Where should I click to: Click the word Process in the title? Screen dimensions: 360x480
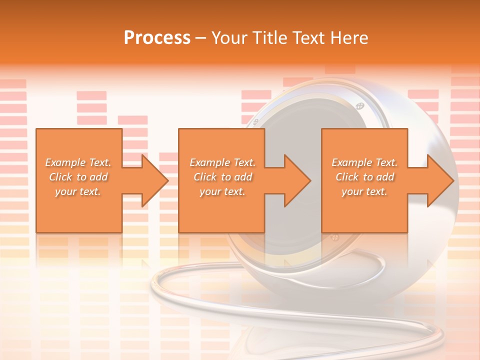tap(157, 38)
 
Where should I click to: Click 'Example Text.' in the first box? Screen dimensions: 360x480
tap(78, 162)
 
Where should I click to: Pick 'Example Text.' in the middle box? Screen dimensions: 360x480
tap(222, 162)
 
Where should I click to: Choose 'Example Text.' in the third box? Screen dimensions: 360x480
tap(364, 162)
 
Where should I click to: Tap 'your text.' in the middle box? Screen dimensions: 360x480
tap(222, 191)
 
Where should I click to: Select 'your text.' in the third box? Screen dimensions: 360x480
tap(364, 191)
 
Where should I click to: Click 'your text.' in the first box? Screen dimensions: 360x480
tap(78, 191)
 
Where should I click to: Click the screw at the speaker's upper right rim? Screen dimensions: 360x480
tap(359, 105)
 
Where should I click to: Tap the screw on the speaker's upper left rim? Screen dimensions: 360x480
tap(255, 121)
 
